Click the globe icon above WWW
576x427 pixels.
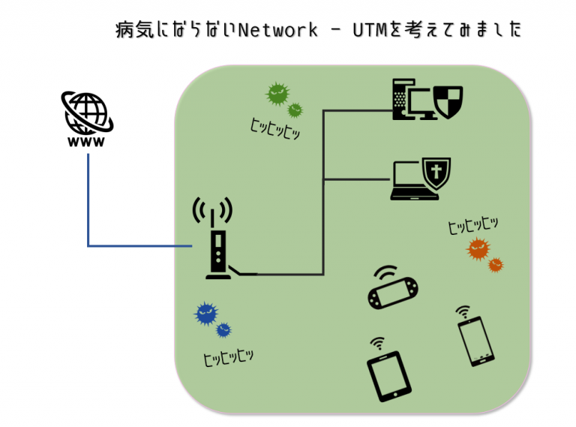coord(87,113)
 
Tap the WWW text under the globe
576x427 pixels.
coord(86,142)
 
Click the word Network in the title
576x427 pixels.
coord(277,30)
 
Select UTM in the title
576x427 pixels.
coord(370,30)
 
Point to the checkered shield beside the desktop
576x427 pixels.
coord(448,102)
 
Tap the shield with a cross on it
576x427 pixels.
coord(436,173)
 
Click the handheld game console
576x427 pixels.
coord(393,289)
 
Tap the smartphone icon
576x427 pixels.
coord(475,338)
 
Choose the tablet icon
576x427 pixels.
coord(389,372)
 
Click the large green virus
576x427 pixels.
coord(277,94)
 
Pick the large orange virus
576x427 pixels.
coord(478,249)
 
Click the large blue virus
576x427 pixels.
coord(206,314)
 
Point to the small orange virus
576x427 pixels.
coord(496,265)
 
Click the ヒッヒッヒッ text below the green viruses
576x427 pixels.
coord(275,129)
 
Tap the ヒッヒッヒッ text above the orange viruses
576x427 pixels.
coord(473,225)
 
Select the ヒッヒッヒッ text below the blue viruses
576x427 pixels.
coord(228,357)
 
